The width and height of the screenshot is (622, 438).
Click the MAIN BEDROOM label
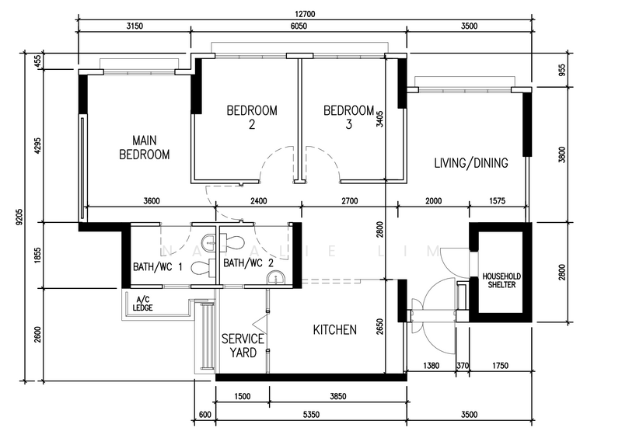(x=145, y=148)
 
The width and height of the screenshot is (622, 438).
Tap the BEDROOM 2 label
(x=252, y=117)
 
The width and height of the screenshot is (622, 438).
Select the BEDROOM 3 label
(x=348, y=117)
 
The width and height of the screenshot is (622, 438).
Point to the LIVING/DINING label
(x=471, y=163)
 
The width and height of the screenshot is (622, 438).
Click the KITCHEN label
(x=335, y=330)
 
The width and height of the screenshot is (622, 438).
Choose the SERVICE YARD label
(x=243, y=346)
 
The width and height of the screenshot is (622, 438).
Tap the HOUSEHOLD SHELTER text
(x=501, y=280)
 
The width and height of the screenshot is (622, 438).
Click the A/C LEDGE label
(x=142, y=304)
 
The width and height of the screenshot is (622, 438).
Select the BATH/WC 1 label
(x=158, y=267)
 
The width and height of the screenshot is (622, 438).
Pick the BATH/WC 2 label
(x=248, y=262)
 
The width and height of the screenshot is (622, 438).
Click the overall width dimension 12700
(x=305, y=14)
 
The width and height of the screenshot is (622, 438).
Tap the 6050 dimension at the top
(x=299, y=26)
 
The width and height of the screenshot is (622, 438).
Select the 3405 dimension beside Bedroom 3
(x=379, y=119)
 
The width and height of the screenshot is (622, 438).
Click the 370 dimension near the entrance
(x=463, y=366)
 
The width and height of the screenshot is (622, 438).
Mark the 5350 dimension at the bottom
(x=311, y=415)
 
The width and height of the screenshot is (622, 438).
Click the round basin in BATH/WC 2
(x=275, y=278)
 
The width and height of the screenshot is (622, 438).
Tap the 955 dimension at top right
(x=562, y=70)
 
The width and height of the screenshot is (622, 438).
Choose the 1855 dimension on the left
(x=37, y=255)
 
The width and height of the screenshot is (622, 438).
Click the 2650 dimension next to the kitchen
(x=379, y=327)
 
